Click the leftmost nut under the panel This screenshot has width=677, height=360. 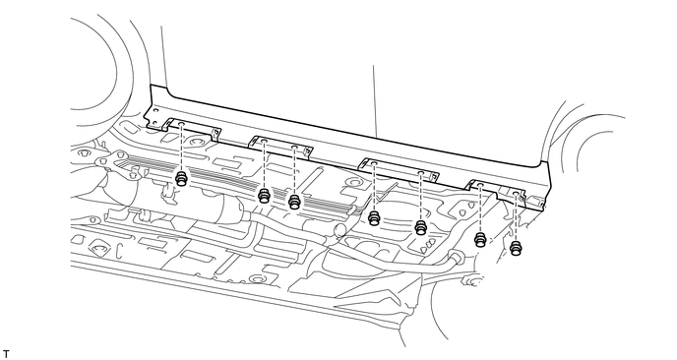coord(182,180)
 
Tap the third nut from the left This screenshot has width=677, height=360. coord(293,202)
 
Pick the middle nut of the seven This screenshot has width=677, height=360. coord(374,217)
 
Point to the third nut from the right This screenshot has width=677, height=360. coord(421,227)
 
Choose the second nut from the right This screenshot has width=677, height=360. coord(480,240)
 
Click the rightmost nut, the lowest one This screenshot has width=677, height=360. coord(516,248)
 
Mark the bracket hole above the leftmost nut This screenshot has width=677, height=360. coord(182,126)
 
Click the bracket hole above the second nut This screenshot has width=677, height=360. coord(265,144)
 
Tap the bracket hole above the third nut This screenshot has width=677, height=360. coord(294,150)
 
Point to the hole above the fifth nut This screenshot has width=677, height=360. coord(421,173)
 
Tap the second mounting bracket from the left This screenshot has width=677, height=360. coord(280,146)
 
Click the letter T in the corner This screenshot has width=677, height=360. coord(7,351)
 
